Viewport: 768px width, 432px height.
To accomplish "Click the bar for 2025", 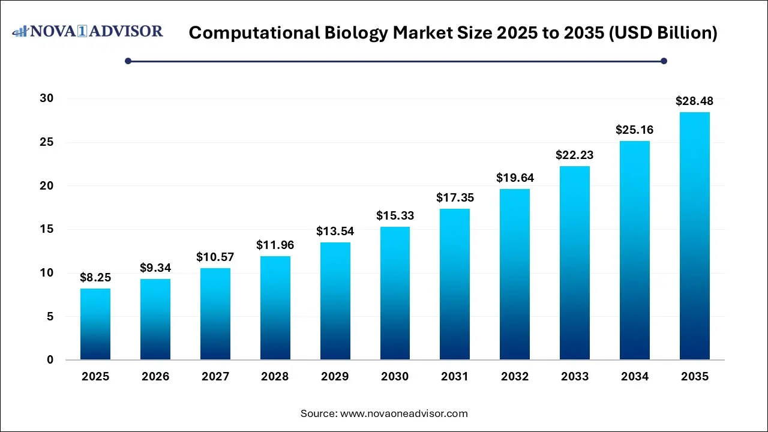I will [95, 324].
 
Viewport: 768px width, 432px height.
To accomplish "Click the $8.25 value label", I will [95, 277].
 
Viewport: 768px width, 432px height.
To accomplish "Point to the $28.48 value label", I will [695, 101].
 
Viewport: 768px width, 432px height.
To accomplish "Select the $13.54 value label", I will [335, 232].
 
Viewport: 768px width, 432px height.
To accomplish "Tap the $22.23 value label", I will [575, 155].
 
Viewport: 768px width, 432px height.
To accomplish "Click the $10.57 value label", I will [215, 257].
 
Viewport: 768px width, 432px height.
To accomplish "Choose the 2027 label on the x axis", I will [215, 377].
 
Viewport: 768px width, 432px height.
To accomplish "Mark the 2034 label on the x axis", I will [635, 377].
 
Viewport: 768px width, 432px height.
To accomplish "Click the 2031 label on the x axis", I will [455, 377].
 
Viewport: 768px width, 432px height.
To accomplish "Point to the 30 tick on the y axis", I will [47, 98].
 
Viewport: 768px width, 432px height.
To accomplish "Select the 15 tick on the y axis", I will [47, 229].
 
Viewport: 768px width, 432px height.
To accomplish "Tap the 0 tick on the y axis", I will [50, 360].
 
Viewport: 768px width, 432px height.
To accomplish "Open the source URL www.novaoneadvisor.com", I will [404, 413].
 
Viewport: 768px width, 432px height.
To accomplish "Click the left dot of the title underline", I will [128, 61].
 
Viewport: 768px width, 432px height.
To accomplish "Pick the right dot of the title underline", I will [664, 61].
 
